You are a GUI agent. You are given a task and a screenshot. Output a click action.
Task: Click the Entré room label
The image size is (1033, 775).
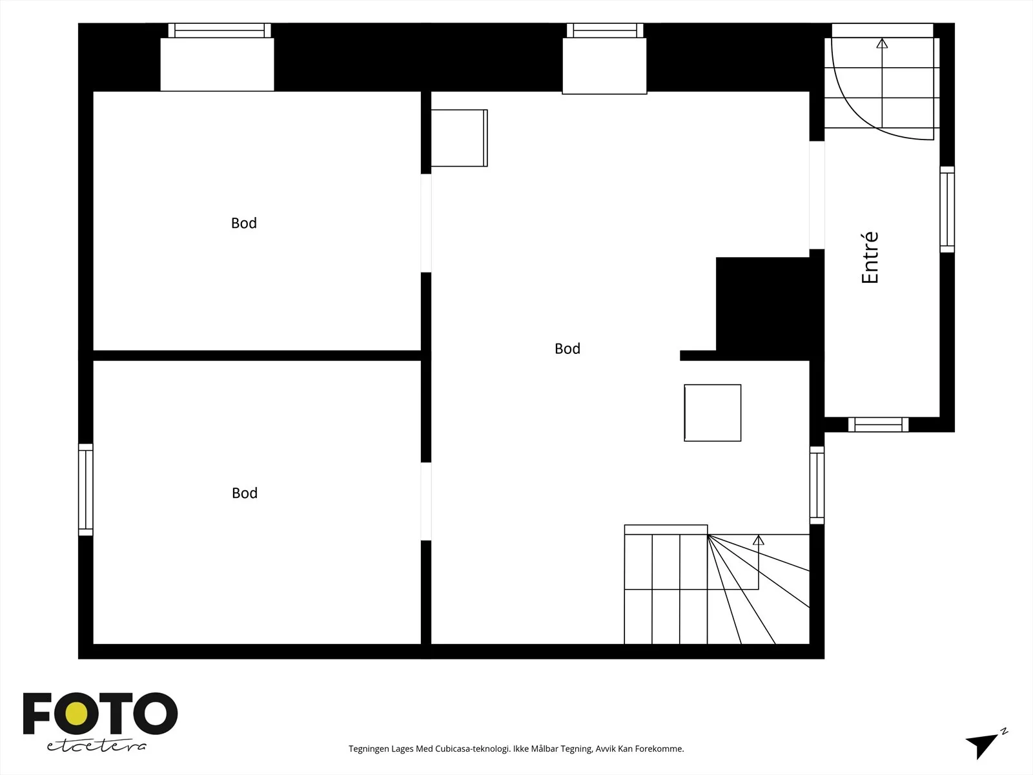click(x=870, y=258)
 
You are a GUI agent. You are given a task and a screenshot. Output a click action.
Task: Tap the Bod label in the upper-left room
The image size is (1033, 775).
click(x=244, y=223)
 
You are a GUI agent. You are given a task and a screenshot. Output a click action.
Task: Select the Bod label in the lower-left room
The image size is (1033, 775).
click(x=245, y=493)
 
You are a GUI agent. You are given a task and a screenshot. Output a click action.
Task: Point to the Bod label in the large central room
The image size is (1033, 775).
click(x=568, y=349)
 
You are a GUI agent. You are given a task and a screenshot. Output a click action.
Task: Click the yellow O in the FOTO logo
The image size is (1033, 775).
click(x=76, y=714)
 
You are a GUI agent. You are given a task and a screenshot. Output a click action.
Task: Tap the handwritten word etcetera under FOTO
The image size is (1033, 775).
click(x=97, y=746)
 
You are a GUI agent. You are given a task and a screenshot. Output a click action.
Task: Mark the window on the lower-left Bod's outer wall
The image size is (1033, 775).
click(x=86, y=490)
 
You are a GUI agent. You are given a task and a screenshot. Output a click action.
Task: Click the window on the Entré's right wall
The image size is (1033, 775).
click(x=947, y=209)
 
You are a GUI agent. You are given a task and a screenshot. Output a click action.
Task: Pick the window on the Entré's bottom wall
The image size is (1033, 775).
click(x=878, y=424)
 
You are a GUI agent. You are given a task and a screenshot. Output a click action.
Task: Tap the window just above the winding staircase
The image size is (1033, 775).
click(x=817, y=485)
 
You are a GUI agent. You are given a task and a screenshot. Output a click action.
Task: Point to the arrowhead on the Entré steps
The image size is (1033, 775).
click(x=882, y=43)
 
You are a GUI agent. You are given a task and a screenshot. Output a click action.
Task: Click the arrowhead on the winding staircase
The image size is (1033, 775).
click(x=758, y=540)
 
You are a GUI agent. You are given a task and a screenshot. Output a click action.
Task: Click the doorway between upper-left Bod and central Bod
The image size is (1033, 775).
click(x=426, y=223)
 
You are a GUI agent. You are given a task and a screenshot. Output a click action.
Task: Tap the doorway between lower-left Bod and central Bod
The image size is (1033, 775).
click(x=426, y=501)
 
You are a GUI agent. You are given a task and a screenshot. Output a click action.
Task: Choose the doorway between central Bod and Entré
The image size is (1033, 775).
click(x=817, y=195)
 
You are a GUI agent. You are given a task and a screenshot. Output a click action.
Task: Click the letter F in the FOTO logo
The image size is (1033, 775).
click(x=37, y=714)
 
